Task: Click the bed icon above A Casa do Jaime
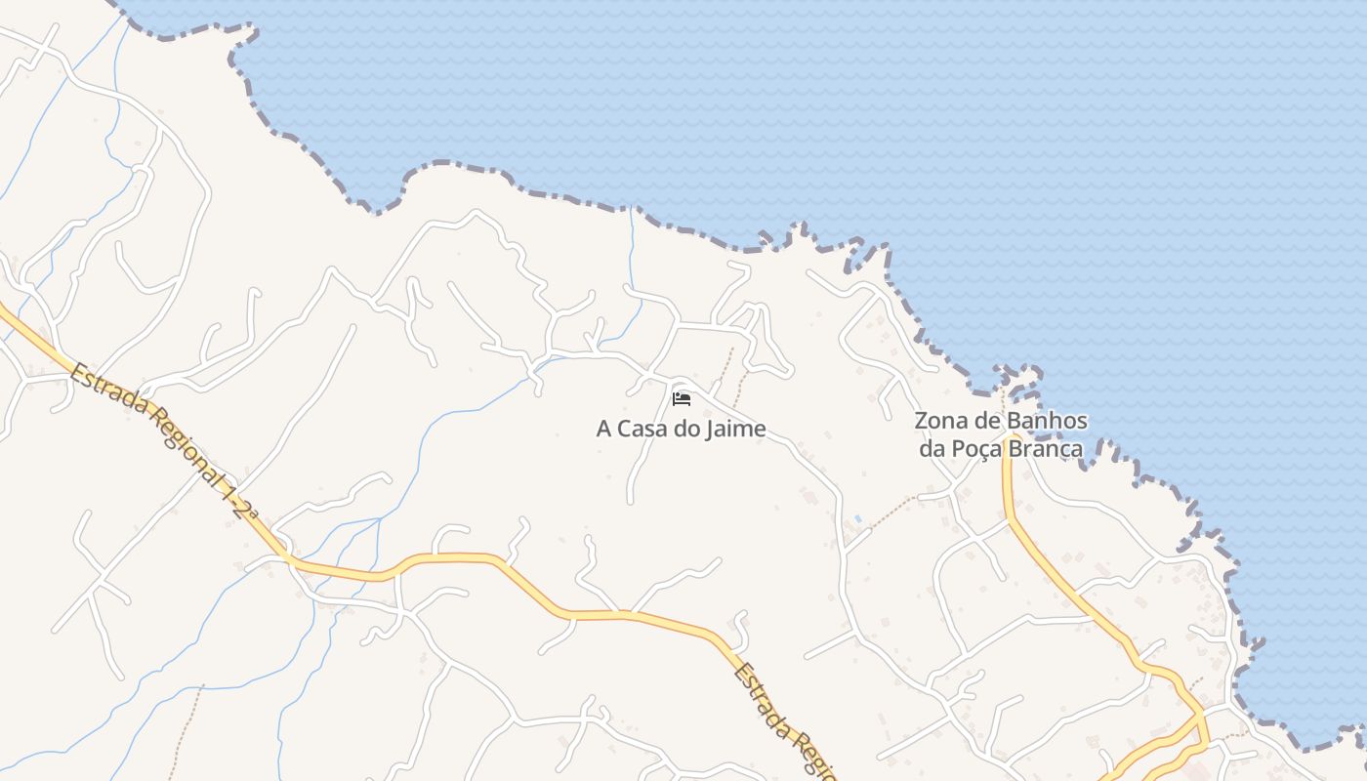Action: click(x=682, y=398)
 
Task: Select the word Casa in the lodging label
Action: click(x=646, y=429)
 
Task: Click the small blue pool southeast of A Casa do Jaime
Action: click(x=857, y=518)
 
